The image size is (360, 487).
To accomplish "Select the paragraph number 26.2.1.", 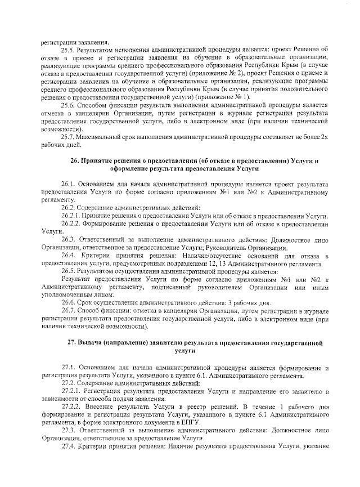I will [x=71, y=216].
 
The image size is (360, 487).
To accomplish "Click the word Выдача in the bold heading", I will [x=97, y=342].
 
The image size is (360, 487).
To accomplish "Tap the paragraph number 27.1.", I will [x=69, y=368].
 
